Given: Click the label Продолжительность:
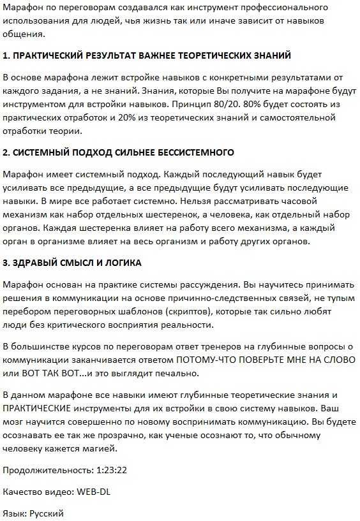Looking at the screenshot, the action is [x=48, y=470].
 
